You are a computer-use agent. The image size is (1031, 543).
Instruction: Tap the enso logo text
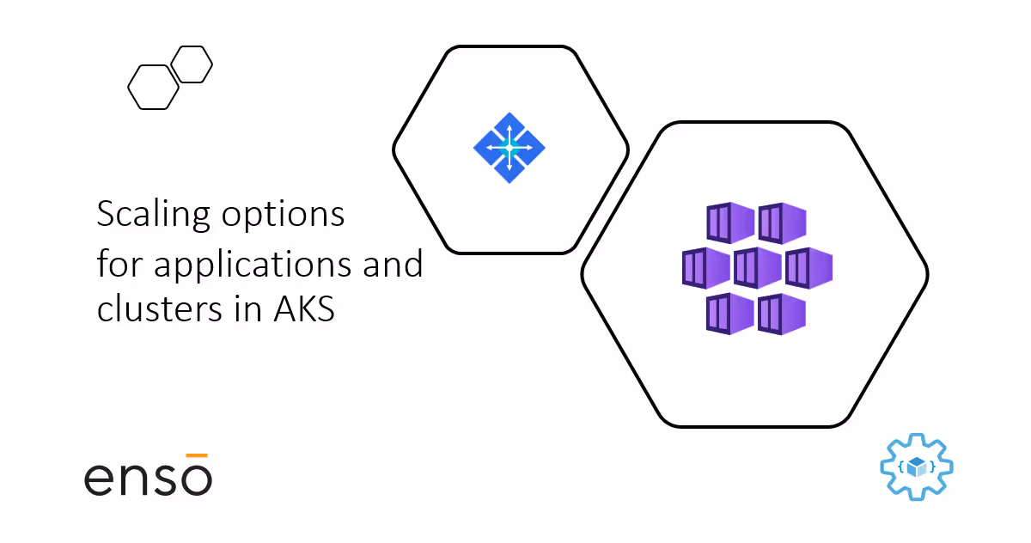tap(148, 479)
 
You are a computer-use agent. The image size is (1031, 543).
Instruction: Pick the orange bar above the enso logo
tap(198, 455)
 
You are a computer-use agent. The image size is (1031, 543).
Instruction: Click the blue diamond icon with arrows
tap(509, 148)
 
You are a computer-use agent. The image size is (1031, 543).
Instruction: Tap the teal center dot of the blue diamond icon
tap(509, 148)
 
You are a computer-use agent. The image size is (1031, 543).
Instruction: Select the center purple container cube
tap(756, 268)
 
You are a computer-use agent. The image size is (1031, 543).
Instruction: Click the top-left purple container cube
tap(729, 223)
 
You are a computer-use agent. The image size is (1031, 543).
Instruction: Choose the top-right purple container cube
tap(782, 223)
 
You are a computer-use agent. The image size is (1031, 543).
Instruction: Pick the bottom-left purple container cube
tap(729, 314)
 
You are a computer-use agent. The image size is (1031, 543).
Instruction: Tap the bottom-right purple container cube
tap(782, 314)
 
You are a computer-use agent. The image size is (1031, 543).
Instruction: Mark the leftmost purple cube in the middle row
tap(705, 268)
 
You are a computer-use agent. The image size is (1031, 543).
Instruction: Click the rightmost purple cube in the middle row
tap(808, 268)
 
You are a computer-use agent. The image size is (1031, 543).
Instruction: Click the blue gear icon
tap(917, 467)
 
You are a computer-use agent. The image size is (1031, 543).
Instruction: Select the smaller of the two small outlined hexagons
tap(192, 64)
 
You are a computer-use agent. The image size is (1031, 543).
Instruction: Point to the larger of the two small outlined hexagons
tap(153, 87)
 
